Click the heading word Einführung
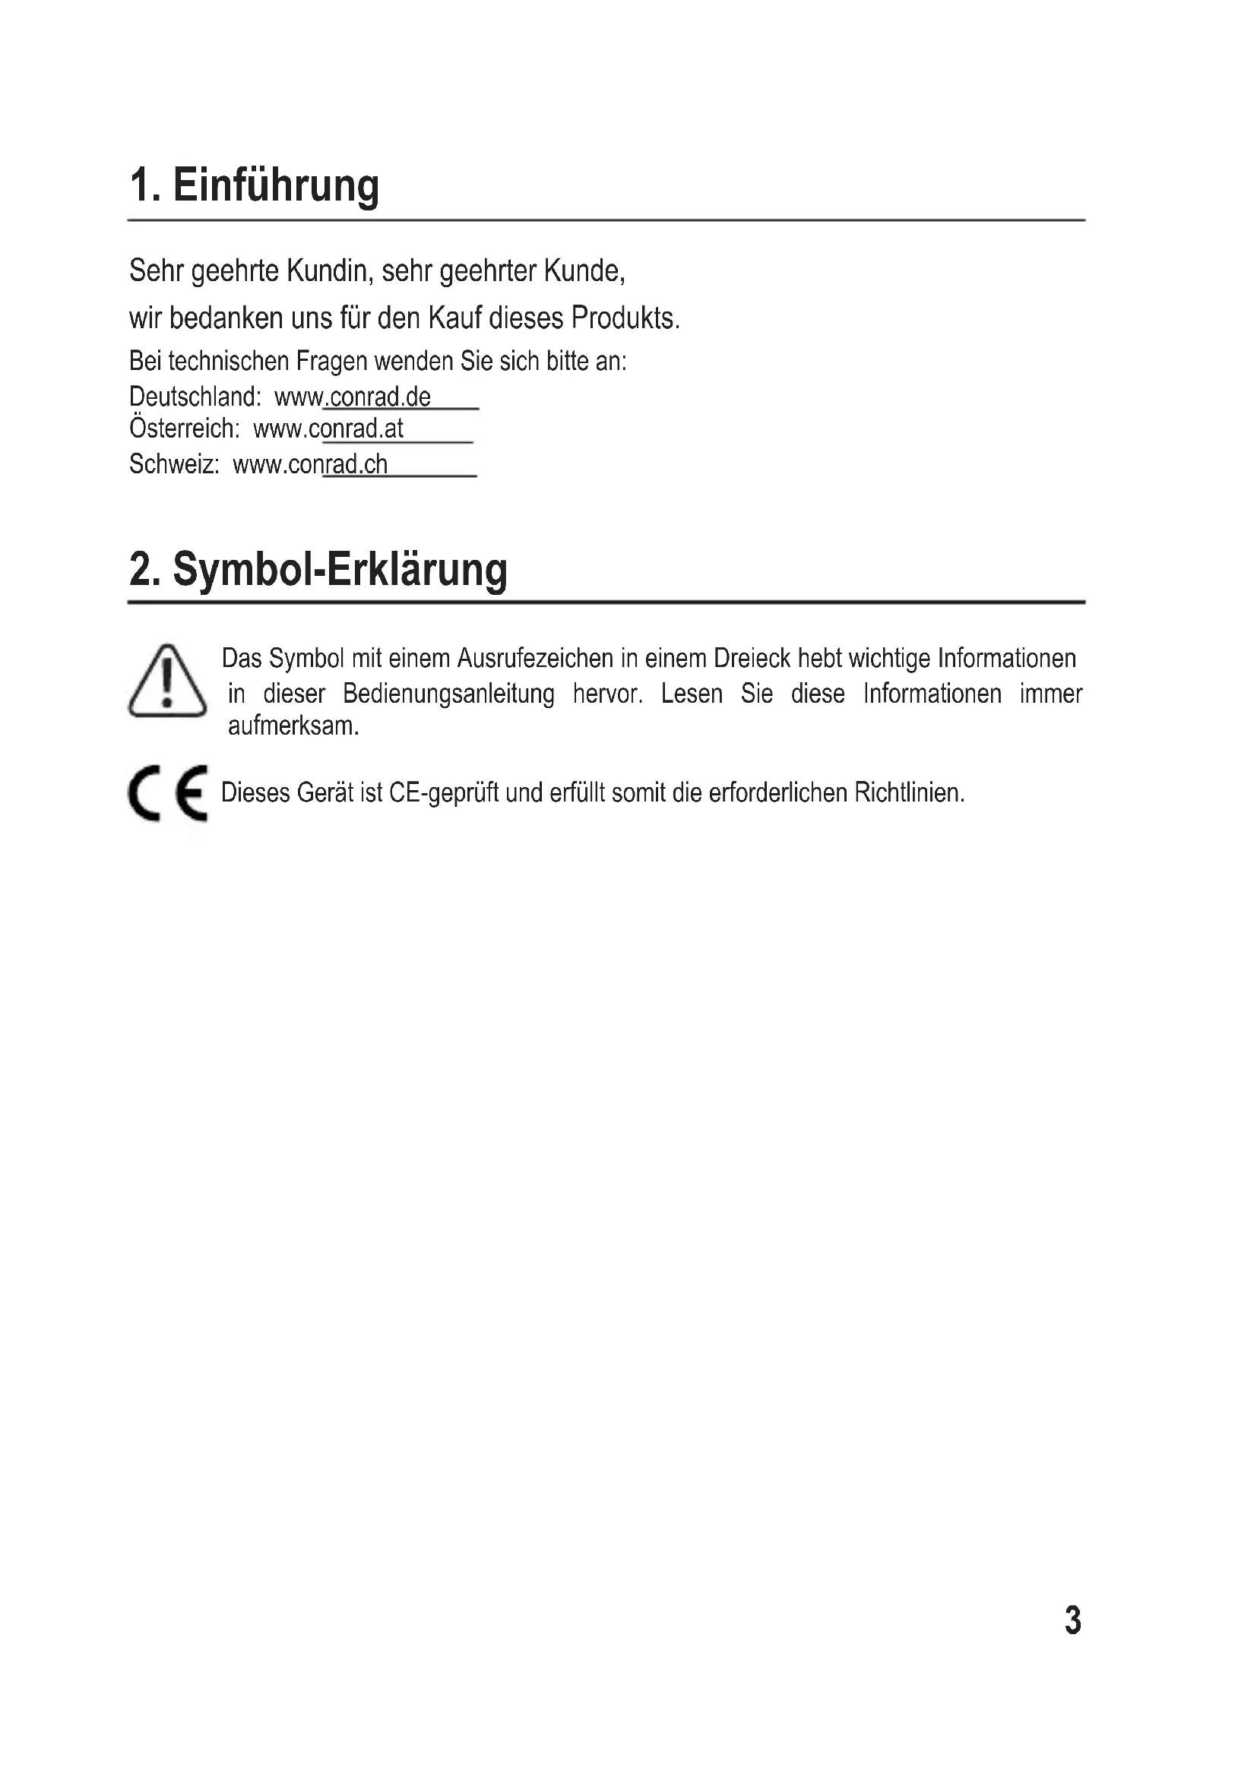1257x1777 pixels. (276, 185)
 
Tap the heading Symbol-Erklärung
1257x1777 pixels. (340, 570)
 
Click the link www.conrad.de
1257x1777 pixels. (353, 397)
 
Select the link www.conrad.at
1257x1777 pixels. (328, 428)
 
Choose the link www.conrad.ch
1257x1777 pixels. (310, 464)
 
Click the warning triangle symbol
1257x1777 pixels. (167, 681)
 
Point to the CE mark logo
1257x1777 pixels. (168, 792)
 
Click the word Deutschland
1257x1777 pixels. (195, 397)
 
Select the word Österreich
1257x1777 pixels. (184, 428)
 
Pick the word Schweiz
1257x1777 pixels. (174, 464)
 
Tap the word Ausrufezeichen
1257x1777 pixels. (535, 659)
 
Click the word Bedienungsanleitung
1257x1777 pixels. (449, 694)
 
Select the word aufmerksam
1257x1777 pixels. (293, 726)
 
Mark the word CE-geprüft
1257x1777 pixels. (444, 793)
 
